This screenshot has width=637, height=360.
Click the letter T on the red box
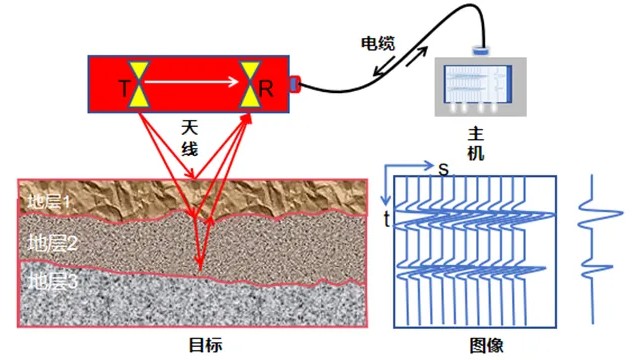point(124,89)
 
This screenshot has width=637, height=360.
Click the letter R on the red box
point(266,89)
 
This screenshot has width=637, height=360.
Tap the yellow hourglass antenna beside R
point(250,82)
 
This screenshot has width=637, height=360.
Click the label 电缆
point(377,43)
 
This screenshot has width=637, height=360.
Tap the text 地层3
point(51,279)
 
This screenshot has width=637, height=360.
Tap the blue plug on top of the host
point(480,49)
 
